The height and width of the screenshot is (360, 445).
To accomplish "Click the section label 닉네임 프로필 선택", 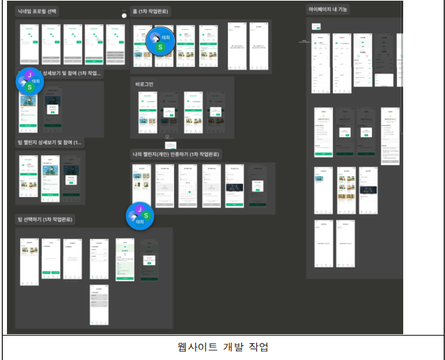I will click(38, 12).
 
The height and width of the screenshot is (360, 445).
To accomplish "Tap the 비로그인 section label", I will click(144, 84).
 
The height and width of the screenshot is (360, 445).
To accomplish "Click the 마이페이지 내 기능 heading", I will click(331, 9).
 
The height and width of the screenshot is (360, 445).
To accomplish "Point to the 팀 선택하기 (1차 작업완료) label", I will click(46, 219).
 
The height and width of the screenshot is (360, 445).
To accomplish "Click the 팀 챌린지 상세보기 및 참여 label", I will click(49, 142).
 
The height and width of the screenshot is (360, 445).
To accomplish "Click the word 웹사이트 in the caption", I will click(196, 347).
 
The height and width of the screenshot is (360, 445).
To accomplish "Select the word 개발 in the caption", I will click(231, 347).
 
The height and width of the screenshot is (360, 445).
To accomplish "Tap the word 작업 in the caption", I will click(257, 347).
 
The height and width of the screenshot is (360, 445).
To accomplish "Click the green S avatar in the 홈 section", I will click(161, 47).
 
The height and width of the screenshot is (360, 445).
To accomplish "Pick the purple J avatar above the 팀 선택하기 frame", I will click(139, 209).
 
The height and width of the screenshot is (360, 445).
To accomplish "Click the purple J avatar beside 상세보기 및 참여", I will click(29, 74).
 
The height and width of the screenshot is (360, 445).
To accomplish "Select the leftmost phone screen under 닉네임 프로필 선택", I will click(29, 44).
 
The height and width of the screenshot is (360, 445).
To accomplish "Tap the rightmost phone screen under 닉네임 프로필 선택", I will click(117, 44).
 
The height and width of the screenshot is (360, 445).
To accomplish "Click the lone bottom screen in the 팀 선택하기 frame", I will click(98, 305).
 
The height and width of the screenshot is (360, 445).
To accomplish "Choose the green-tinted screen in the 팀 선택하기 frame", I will click(125, 259).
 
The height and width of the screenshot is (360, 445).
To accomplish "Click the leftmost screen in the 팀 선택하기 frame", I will click(29, 263).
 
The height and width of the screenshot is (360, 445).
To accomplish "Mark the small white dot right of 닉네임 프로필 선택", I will click(125, 15).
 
